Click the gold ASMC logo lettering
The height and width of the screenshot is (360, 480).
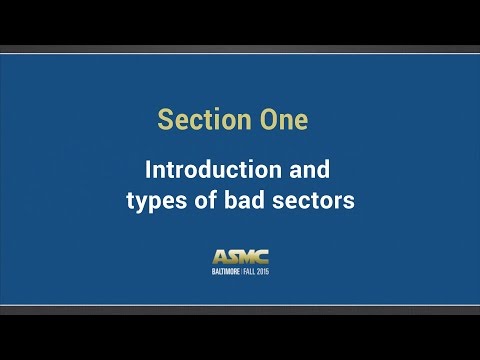point(240,257)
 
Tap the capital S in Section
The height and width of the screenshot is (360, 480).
point(165,120)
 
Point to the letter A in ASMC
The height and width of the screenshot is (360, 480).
point(219,257)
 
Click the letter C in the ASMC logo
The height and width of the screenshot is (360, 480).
point(261,257)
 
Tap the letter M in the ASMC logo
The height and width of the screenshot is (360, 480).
point(246,257)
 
